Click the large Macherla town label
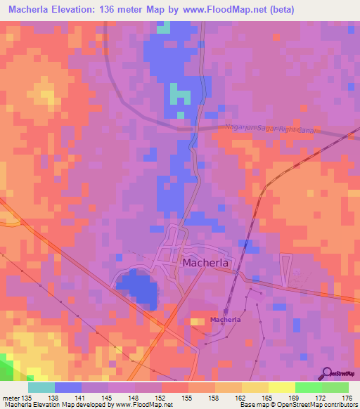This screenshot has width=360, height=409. point(210,263)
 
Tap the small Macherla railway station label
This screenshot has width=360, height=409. point(226,320)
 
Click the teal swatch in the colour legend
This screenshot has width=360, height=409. point(41,387)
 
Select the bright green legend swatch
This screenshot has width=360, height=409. point(335,387)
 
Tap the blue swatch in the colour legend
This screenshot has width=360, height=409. point(68,387)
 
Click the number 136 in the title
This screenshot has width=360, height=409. point(115,9)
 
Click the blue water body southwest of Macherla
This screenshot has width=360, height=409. point(138,289)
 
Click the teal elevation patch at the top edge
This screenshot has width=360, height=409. point(163,27)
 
